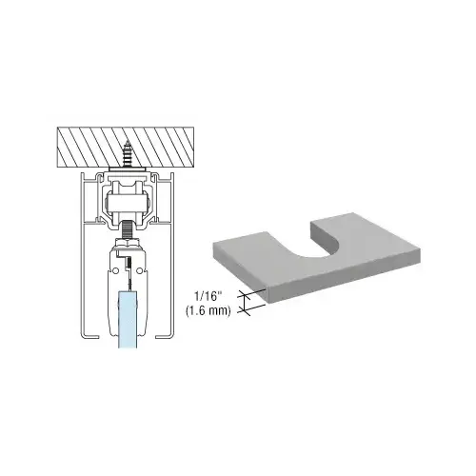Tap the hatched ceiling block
(126, 148)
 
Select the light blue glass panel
(128, 319)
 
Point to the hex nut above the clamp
(128, 242)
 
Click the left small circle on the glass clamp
(115, 270)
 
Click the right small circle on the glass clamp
(139, 270)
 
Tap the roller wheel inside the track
(127, 201)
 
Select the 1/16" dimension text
(208, 297)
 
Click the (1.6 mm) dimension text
(208, 310)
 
